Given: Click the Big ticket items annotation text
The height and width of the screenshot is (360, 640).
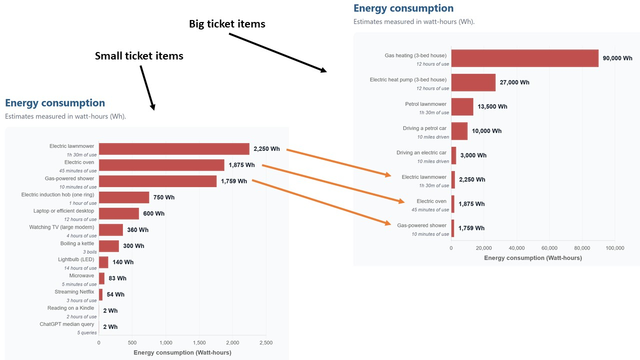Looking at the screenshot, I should coord(227,23).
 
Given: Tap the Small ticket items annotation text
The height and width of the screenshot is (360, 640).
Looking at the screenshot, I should coord(139,56).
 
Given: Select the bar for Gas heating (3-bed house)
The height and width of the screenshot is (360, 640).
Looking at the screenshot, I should coord(524,58).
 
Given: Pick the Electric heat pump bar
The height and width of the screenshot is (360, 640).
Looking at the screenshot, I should coord(473,82).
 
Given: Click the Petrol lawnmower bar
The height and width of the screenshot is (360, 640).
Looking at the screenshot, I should coord(462,106).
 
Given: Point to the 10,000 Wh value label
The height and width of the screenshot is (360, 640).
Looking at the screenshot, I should coord(486,131).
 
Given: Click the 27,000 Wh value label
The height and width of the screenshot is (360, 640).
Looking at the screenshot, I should coord(514,82).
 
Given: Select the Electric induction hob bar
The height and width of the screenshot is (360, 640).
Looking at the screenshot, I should coord(124,197).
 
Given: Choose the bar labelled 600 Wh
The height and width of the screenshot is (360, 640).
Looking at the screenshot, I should coord(119,213).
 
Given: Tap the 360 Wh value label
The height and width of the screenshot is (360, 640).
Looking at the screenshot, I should coord(137,230).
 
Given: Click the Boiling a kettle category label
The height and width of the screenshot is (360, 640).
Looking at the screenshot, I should coord(78,243).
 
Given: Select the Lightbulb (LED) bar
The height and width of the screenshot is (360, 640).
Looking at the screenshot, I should coord(103,262).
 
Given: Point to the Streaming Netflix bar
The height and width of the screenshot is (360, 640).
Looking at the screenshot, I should coord(100,294).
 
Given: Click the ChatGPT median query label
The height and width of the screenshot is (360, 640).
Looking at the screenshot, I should coord(67,324).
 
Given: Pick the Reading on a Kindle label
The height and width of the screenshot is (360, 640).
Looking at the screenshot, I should coord(70,308).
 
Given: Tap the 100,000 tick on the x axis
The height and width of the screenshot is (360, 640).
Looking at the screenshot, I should coord(614,248).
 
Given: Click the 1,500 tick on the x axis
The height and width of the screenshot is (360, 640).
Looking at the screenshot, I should coord(199,343).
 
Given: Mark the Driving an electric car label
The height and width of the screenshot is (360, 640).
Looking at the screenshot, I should coord(421,152).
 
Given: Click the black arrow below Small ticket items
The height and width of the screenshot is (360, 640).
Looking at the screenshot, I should coord(147,87).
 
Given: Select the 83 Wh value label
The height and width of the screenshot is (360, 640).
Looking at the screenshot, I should coord(117,278).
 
